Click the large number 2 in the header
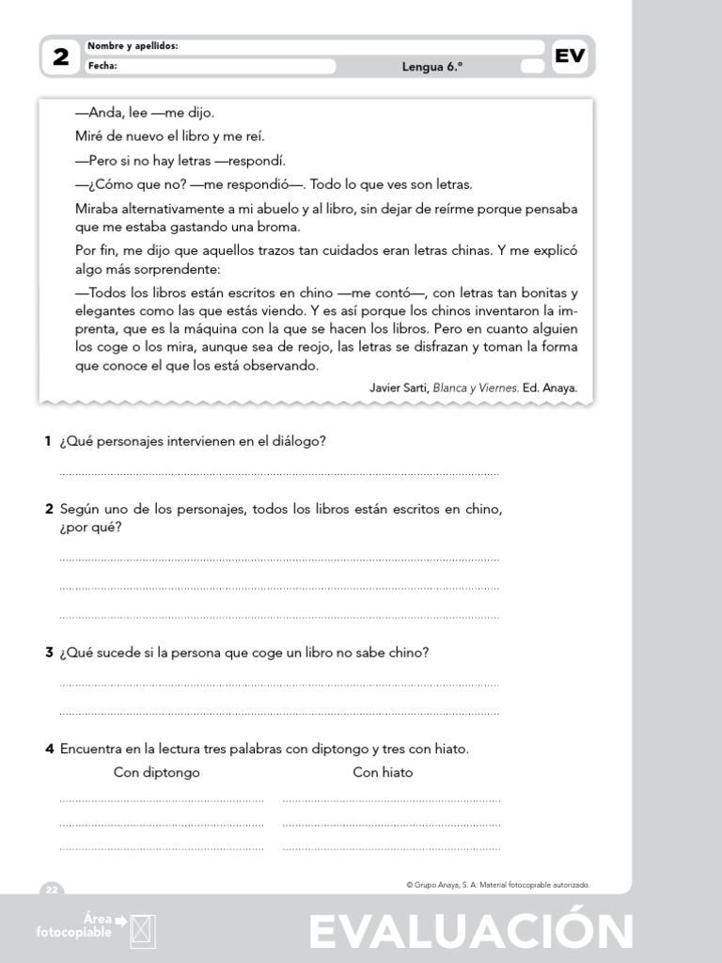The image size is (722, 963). pyautogui.click(x=61, y=57)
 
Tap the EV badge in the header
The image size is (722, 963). pyautogui.click(x=570, y=55)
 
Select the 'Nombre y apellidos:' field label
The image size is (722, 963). pyautogui.click(x=133, y=46)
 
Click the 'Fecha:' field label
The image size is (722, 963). pyautogui.click(x=102, y=66)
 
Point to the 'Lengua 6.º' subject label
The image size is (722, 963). pyautogui.click(x=434, y=67)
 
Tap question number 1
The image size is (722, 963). pyautogui.click(x=48, y=441)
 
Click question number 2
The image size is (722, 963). pyautogui.click(x=49, y=510)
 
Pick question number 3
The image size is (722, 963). pyautogui.click(x=49, y=652)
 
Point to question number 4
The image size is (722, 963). pyautogui.click(x=49, y=750)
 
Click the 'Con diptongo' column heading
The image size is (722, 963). pyautogui.click(x=157, y=773)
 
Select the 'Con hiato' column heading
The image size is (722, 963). pyautogui.click(x=383, y=773)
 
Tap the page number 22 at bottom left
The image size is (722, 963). pyautogui.click(x=51, y=890)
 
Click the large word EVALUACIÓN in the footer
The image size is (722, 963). pyautogui.click(x=470, y=932)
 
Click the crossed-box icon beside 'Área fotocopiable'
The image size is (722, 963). pyautogui.click(x=144, y=930)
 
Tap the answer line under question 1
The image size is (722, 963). pyautogui.click(x=279, y=474)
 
